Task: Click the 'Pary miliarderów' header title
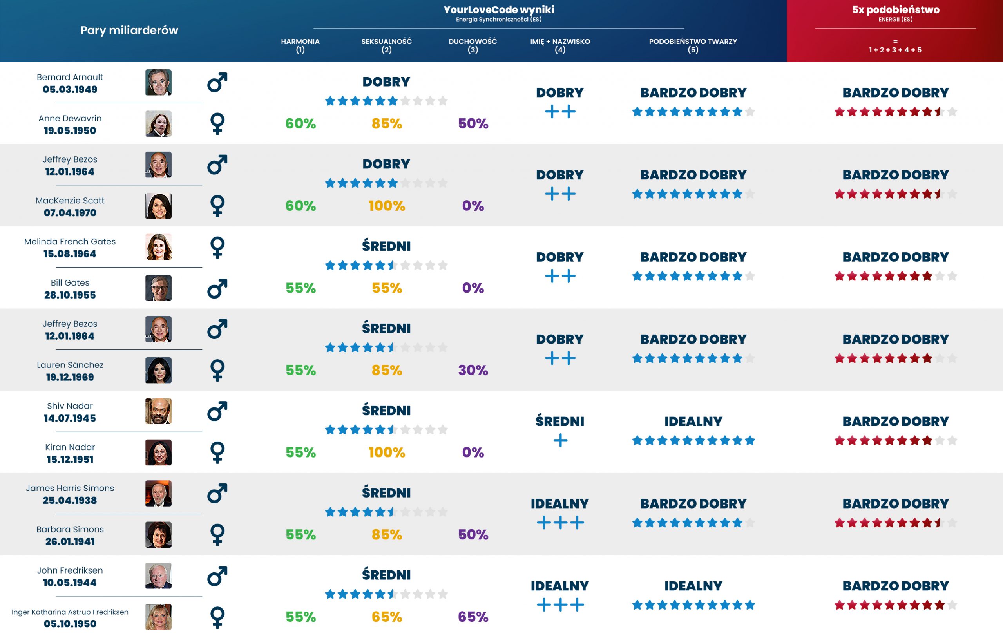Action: pos(129,30)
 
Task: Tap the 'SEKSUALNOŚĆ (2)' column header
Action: pos(386,45)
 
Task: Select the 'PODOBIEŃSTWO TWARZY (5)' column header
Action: pos(693,45)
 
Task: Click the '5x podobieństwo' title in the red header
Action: pos(896,9)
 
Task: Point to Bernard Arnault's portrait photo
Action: pos(158,83)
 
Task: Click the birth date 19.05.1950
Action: pos(70,131)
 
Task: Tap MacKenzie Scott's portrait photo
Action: pos(158,206)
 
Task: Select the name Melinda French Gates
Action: pos(70,242)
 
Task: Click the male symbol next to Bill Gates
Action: pos(217,288)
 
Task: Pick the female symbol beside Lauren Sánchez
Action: pos(217,370)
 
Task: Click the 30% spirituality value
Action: pos(473,370)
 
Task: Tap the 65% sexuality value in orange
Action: pos(387,617)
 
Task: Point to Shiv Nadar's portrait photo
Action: pos(158,411)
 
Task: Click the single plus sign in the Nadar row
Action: pos(560,440)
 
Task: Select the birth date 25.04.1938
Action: pos(70,500)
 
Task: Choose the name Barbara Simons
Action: pos(70,530)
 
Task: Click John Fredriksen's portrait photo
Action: pos(158,576)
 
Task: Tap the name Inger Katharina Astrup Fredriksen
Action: pos(70,612)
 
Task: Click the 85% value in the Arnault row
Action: pos(387,123)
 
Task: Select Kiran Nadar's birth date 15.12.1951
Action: pos(70,460)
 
